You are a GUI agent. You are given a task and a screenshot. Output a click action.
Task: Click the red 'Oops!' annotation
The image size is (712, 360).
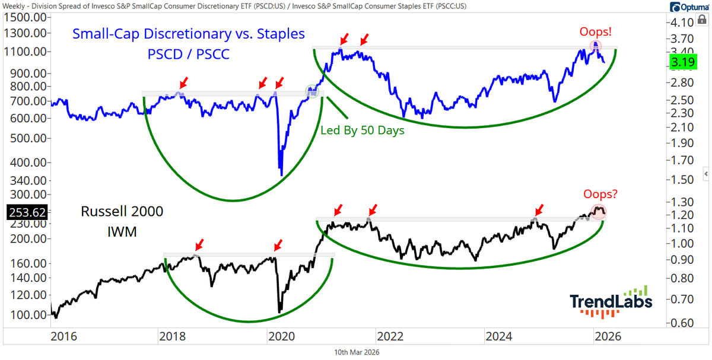(x=596, y=31)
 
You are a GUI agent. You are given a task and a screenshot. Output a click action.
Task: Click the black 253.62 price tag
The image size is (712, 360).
(x=24, y=211)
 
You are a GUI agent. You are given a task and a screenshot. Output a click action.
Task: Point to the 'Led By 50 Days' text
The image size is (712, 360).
(x=362, y=130)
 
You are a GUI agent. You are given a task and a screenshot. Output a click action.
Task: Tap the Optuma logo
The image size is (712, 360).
(x=688, y=7)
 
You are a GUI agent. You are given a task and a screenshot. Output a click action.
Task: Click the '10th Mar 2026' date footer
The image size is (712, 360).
(x=357, y=352)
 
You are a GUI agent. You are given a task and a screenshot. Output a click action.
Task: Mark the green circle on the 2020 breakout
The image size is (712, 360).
(x=312, y=91)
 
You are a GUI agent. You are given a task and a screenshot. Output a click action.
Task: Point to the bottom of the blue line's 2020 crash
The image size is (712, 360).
(x=281, y=174)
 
